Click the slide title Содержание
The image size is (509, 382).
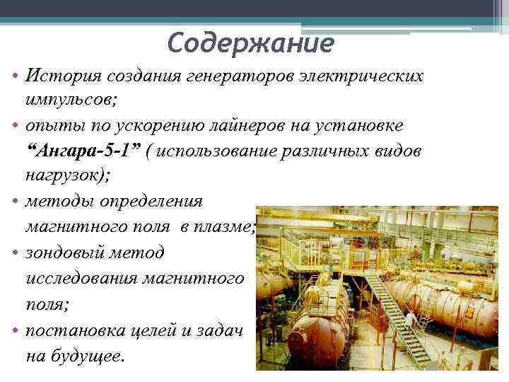[x=250, y=44]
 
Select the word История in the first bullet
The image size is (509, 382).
[x=59, y=75]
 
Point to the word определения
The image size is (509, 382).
[x=148, y=202]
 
